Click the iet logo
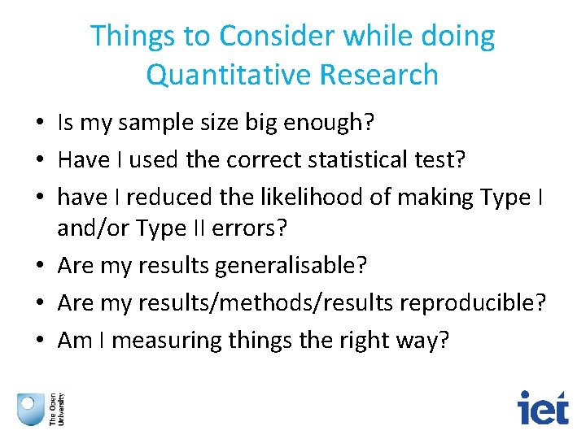tap(544, 406)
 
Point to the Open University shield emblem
tap(31, 408)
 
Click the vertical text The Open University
tap(57, 408)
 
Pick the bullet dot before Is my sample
tap(39, 124)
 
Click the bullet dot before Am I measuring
tap(39, 341)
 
